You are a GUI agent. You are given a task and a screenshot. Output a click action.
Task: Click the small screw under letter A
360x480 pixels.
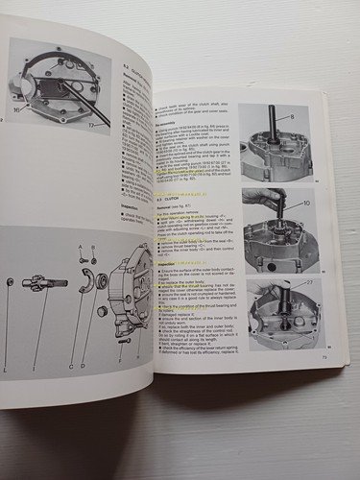83,260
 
